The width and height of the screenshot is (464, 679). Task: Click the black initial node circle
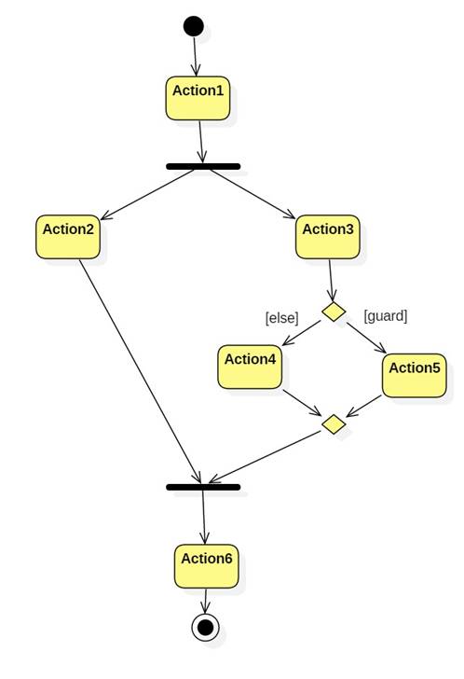pyautogui.click(x=193, y=26)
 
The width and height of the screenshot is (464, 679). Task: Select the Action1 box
pyautogui.click(x=198, y=98)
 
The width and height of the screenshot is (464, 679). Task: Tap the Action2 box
pyautogui.click(x=68, y=237)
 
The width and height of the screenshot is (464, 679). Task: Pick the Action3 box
pyautogui.click(x=328, y=237)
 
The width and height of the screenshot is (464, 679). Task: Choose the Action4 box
pyautogui.click(x=250, y=367)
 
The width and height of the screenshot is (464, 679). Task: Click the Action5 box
pyautogui.click(x=415, y=376)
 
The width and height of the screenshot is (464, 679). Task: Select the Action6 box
pyautogui.click(x=207, y=566)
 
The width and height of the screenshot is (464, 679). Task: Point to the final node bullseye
pyautogui.click(x=205, y=627)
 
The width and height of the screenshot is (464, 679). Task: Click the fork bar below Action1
pyautogui.click(x=203, y=166)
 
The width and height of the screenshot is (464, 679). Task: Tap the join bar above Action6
pyautogui.click(x=203, y=487)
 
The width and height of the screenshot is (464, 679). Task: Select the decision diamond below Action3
pyautogui.click(x=334, y=312)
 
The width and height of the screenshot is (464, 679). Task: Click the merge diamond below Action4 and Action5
pyautogui.click(x=334, y=424)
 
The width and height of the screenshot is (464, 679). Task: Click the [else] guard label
pyautogui.click(x=282, y=318)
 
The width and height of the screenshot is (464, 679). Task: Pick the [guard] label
pyautogui.click(x=386, y=315)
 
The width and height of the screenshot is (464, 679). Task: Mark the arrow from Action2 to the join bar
pyautogui.click(x=140, y=371)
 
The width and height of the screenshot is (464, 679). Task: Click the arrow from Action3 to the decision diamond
pyautogui.click(x=331, y=280)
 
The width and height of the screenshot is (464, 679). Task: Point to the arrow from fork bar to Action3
pyautogui.click(x=253, y=194)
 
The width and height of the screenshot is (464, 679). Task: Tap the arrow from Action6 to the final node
pyautogui.click(x=205, y=601)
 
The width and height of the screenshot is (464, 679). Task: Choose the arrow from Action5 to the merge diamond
pyautogui.click(x=363, y=407)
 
